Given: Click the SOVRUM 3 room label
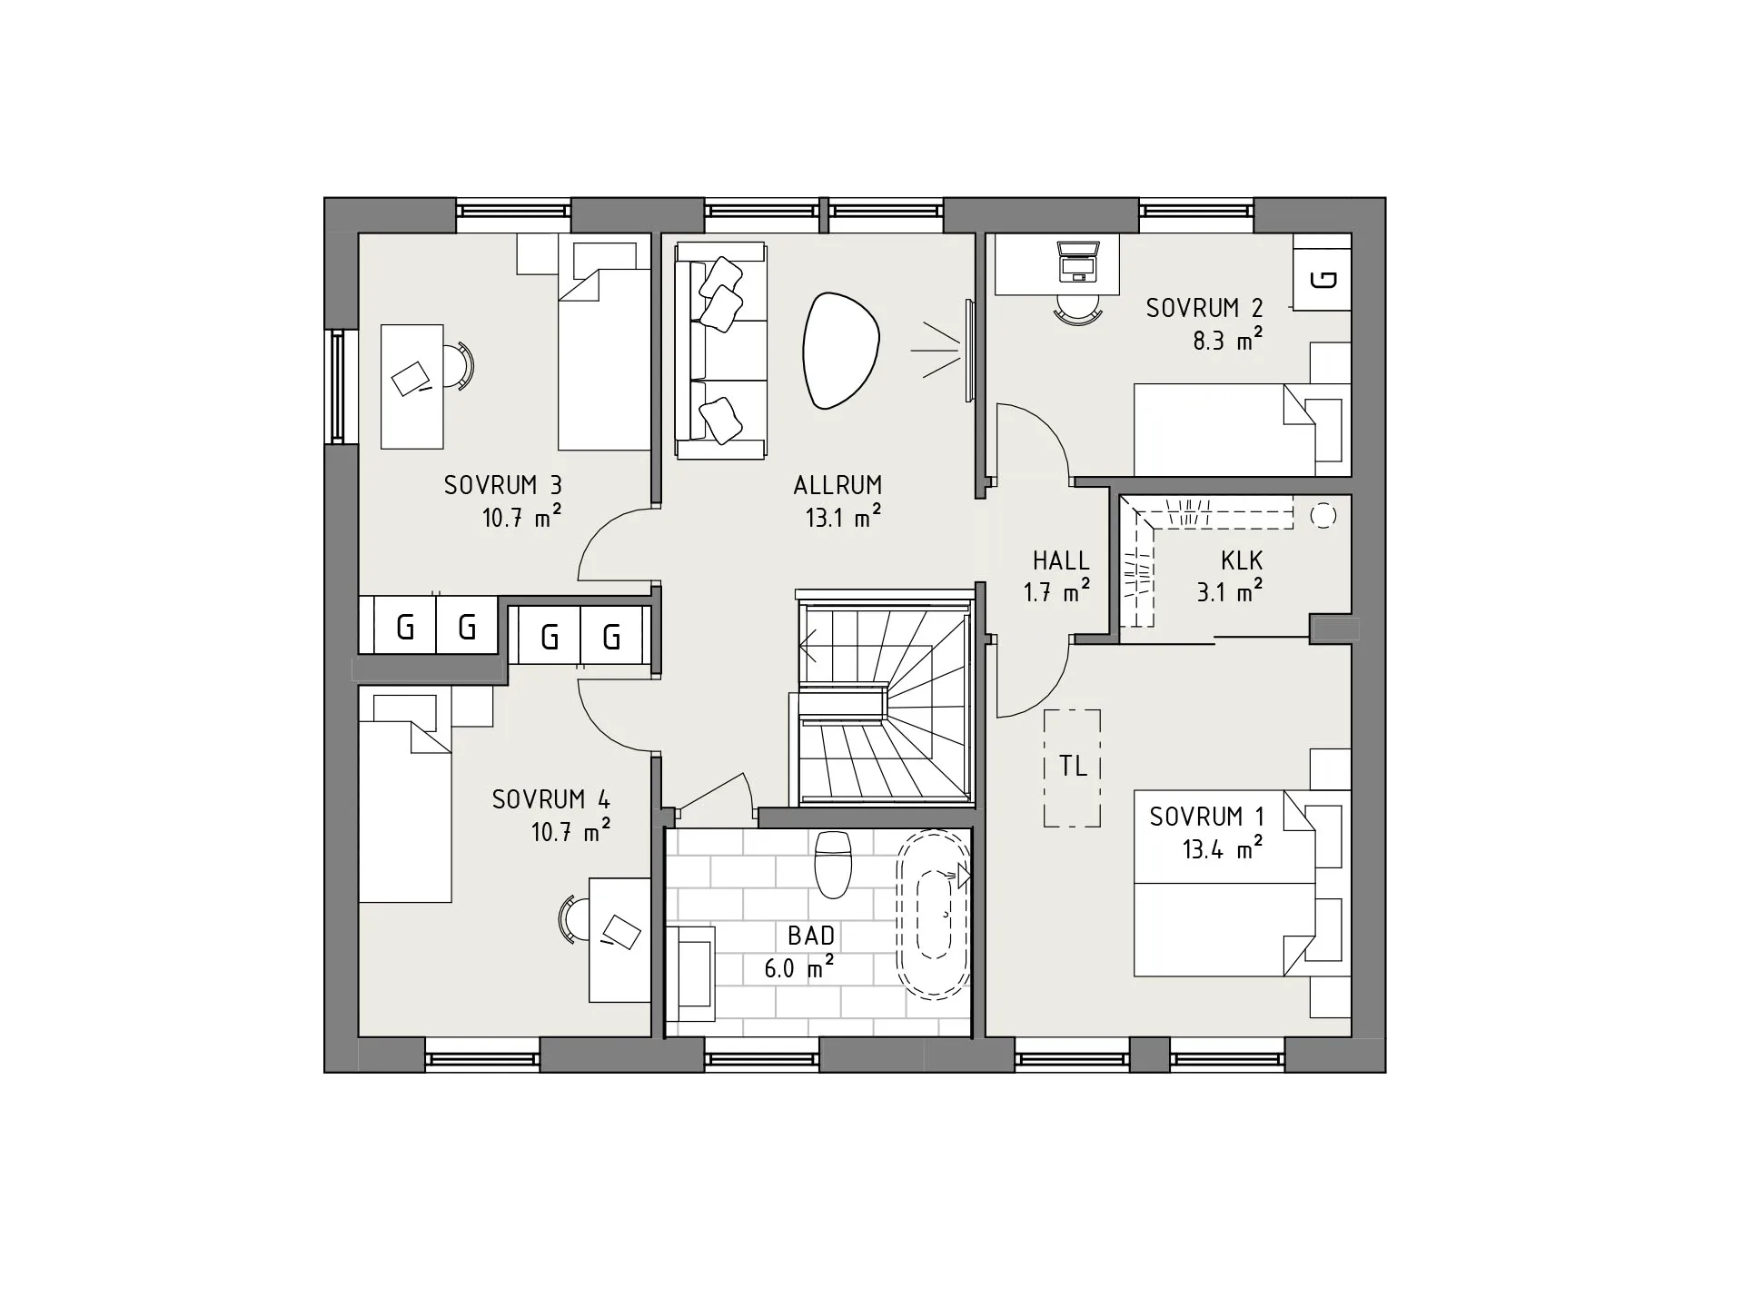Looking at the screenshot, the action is coord(502,485).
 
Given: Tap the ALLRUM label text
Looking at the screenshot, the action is coord(837,485).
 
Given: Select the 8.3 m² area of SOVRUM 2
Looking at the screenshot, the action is coord(1227,340).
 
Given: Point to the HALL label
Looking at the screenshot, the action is coord(1061,560).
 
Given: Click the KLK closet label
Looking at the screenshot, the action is coord(1242,560).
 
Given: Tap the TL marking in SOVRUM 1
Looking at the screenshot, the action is coord(1073,767).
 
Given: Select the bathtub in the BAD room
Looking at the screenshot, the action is coord(933,914).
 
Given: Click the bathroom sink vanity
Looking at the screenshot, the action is coord(690,973).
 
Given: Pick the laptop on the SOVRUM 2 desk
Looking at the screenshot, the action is coord(1078,261).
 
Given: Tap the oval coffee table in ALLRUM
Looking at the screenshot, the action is coord(841,350).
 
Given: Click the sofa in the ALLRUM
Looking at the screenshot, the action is coord(720,351).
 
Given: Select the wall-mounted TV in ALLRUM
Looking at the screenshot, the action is coord(969,350).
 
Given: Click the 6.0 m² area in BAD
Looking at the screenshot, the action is coord(798,968).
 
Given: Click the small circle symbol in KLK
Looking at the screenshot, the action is coord(1323,516).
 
